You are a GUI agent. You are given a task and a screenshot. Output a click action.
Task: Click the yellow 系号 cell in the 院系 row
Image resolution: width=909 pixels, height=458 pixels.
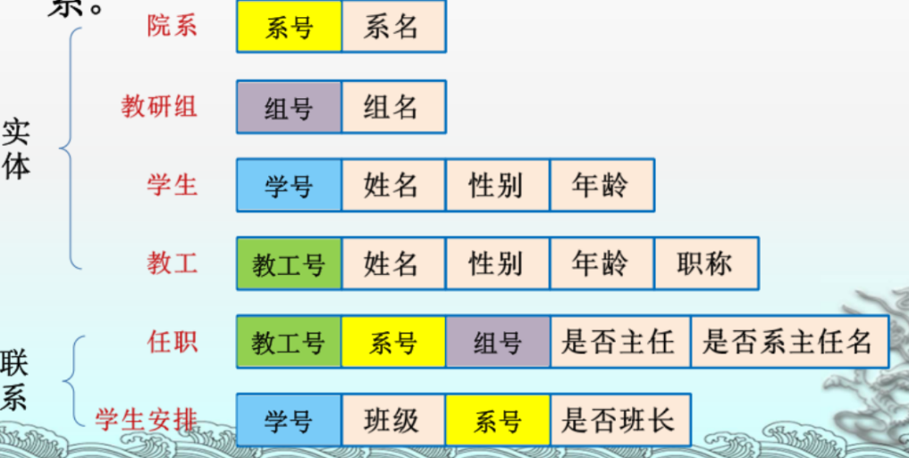click(289, 27)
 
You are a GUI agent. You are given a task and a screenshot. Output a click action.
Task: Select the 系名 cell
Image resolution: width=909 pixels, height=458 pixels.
click(392, 27)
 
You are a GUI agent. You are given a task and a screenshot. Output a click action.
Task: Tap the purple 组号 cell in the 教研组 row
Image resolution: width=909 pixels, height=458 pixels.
click(289, 107)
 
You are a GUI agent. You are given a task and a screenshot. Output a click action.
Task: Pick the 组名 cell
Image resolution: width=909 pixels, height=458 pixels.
click(392, 107)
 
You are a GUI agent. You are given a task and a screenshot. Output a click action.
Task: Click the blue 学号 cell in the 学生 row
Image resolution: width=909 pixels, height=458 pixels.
click(289, 186)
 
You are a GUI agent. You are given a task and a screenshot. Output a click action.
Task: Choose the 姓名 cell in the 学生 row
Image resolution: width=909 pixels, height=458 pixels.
click(392, 186)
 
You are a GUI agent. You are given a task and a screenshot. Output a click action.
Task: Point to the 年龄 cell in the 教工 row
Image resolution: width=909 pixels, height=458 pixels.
click(601, 263)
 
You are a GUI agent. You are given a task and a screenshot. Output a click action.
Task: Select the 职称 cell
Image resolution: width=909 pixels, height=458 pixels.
click(705, 263)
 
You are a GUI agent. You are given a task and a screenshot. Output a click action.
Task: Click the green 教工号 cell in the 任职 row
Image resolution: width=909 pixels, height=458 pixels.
click(289, 342)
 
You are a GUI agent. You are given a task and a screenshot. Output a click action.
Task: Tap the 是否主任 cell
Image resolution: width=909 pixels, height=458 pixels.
click(619, 342)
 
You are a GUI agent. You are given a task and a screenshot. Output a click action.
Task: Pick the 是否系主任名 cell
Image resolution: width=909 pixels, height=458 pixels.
click(788, 342)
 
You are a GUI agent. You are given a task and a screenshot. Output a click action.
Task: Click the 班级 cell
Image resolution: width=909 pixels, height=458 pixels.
click(392, 420)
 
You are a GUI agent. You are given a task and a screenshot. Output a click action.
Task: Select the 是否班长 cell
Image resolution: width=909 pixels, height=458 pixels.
click(619, 420)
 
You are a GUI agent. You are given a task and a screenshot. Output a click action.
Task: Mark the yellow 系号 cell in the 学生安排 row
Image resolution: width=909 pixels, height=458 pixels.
click(497, 420)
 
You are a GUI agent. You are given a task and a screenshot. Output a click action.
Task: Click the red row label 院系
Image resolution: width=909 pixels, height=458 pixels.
click(173, 26)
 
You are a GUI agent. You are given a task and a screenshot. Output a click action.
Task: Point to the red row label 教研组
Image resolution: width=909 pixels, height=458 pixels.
click(159, 106)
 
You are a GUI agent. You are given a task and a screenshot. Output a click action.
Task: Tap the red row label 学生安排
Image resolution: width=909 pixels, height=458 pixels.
click(146, 419)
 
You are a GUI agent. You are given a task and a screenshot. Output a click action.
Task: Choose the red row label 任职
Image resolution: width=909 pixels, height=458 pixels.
click(173, 341)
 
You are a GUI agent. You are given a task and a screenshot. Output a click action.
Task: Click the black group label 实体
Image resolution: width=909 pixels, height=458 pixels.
click(15, 148)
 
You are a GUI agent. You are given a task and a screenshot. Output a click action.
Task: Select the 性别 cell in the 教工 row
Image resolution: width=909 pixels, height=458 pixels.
click(497, 263)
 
